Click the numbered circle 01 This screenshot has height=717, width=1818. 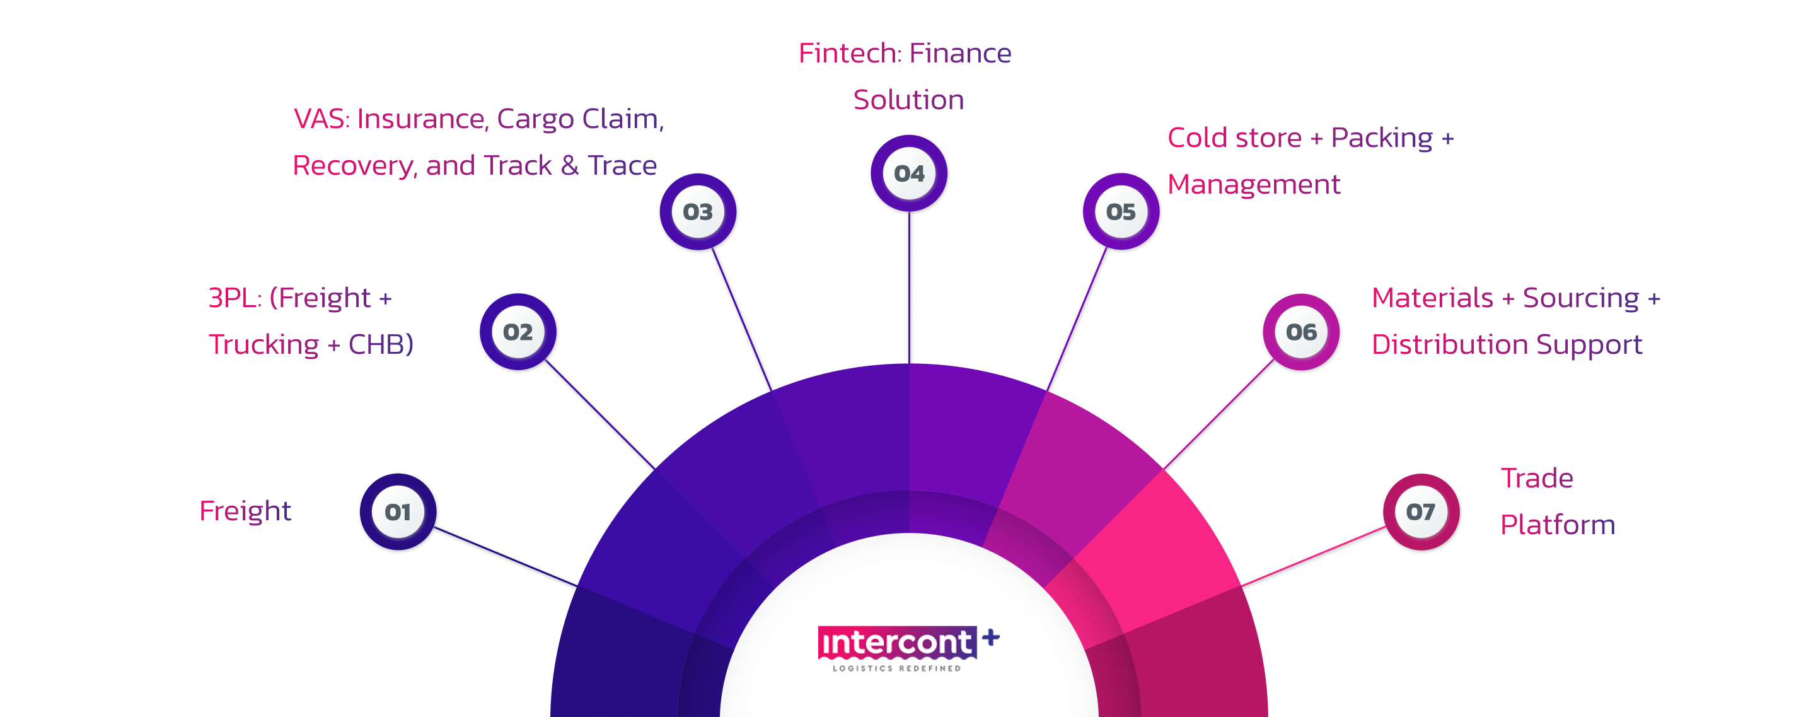pos(398,511)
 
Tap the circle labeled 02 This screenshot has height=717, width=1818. pos(518,332)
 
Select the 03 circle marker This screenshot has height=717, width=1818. pos(698,212)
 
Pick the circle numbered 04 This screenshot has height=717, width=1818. pos(909,173)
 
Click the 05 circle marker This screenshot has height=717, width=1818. pos(1121,212)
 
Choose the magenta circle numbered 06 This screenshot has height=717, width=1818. pos(1300,332)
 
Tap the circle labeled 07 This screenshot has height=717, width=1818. pos(1421,511)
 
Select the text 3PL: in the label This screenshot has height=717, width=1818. pos(235,298)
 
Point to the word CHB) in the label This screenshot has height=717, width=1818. pos(381,344)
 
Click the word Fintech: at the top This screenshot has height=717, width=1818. pos(850,54)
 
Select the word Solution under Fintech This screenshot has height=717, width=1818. pos(908,100)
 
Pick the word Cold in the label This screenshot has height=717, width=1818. pos(1197,137)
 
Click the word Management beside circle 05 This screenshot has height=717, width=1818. pos(1253,185)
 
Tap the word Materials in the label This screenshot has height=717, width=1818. pos(1432,298)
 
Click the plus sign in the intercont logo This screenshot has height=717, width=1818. pos(991,638)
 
